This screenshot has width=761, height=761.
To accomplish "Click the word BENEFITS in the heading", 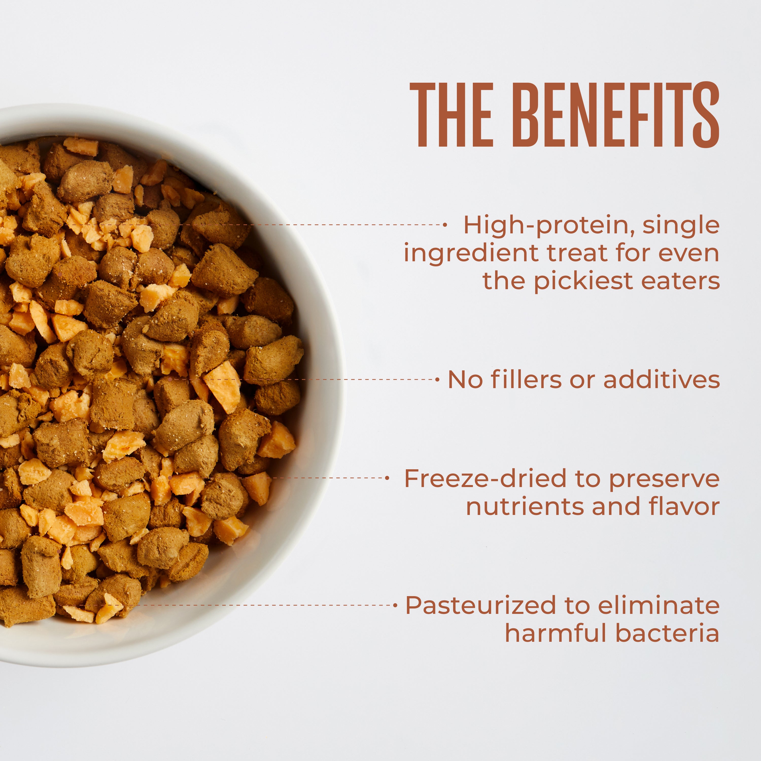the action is tap(616, 115).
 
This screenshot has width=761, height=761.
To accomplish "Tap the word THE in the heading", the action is tap(452, 115).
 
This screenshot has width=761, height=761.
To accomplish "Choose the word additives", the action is tap(662, 380).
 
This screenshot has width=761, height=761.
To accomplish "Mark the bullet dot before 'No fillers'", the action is tap(438, 380).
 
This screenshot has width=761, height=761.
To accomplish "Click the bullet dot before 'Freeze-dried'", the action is tap(387, 478).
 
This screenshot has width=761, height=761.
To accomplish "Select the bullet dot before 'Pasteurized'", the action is tap(395, 605).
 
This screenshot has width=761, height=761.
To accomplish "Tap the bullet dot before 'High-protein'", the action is tap(445, 225).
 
